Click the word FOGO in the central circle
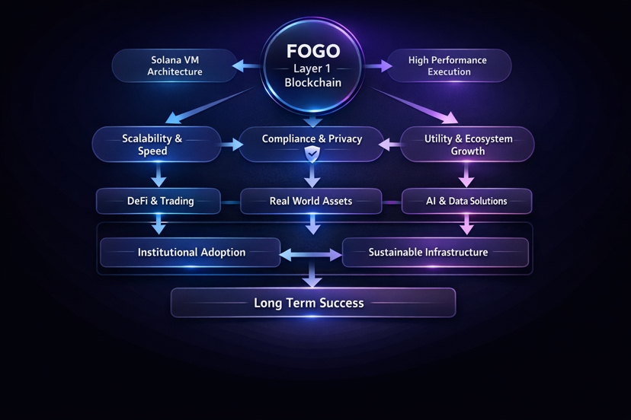pyautogui.click(x=312, y=52)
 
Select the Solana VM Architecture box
pyautogui.click(x=175, y=65)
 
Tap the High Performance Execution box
pyautogui.click(x=447, y=65)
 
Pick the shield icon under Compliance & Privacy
pyautogui.click(x=312, y=155)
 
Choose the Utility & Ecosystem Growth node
pyautogui.click(x=467, y=145)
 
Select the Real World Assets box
pyautogui.click(x=311, y=202)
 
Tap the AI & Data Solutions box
pyautogui.click(x=466, y=202)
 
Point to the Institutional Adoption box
pyautogui.click(x=191, y=252)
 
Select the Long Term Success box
pyautogui.click(x=312, y=303)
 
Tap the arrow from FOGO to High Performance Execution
pyautogui.click(x=378, y=66)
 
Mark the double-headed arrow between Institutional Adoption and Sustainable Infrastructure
pyautogui.click(x=311, y=256)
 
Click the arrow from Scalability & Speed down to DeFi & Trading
pyautogui.click(x=159, y=177)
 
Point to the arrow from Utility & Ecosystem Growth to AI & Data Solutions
pyautogui.click(x=466, y=177)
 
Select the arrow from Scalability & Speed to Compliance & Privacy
pyautogui.click(x=231, y=143)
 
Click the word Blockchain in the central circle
pyautogui.click(x=312, y=83)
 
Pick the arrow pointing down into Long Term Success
pyautogui.click(x=312, y=278)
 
